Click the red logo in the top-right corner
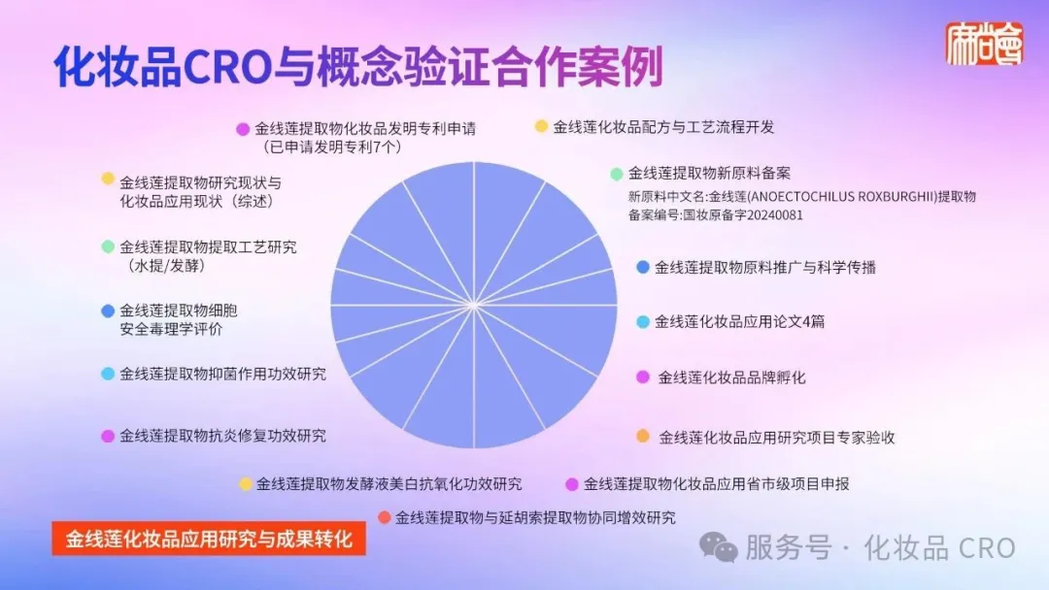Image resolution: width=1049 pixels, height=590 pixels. click(984, 44)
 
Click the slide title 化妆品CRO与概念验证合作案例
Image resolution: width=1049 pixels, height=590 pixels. click(358, 66)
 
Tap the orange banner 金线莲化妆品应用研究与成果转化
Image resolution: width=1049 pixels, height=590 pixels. click(209, 539)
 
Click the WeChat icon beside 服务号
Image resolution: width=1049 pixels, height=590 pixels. click(719, 547)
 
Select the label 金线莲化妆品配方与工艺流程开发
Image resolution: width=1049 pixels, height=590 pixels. click(663, 127)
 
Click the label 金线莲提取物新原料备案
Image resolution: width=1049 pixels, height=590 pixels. click(709, 174)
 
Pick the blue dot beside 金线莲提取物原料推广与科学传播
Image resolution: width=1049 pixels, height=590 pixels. click(642, 267)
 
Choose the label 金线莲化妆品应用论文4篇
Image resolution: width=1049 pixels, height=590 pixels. click(739, 321)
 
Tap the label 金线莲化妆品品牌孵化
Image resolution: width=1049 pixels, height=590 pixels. click(732, 377)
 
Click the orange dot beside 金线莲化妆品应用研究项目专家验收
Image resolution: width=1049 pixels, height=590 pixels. click(643, 437)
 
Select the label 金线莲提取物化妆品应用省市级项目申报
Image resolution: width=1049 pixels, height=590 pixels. click(716, 484)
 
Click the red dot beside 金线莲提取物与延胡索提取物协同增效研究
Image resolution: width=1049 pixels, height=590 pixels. click(384, 517)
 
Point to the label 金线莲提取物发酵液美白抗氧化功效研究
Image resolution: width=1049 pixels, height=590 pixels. click(389, 484)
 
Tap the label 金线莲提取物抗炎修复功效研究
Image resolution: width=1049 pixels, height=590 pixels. click(222, 436)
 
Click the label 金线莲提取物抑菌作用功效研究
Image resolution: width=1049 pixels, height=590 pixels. click(222, 375)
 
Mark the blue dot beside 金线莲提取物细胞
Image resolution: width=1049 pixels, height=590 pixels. click(108, 311)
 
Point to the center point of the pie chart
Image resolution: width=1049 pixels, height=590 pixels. click(474, 306)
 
